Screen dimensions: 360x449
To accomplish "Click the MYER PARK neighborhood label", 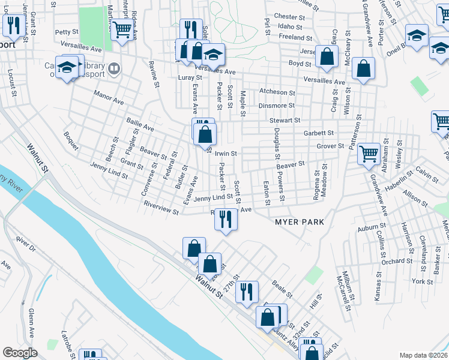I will click(x=300, y=222).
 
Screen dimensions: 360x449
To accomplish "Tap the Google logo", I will click(x=20, y=353).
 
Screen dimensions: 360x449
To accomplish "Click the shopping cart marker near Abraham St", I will click(x=369, y=154).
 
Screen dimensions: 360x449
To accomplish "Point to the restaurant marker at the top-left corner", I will click(x=12, y=25).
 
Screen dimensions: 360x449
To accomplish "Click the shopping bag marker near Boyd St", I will click(x=326, y=58).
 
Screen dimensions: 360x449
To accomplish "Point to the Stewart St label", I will click(x=285, y=121).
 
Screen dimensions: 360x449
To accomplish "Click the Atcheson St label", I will click(x=277, y=92).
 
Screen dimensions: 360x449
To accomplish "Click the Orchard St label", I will click(x=397, y=261).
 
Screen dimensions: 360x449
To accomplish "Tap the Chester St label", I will click(x=286, y=16).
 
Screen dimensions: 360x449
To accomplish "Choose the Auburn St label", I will click(x=371, y=228).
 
